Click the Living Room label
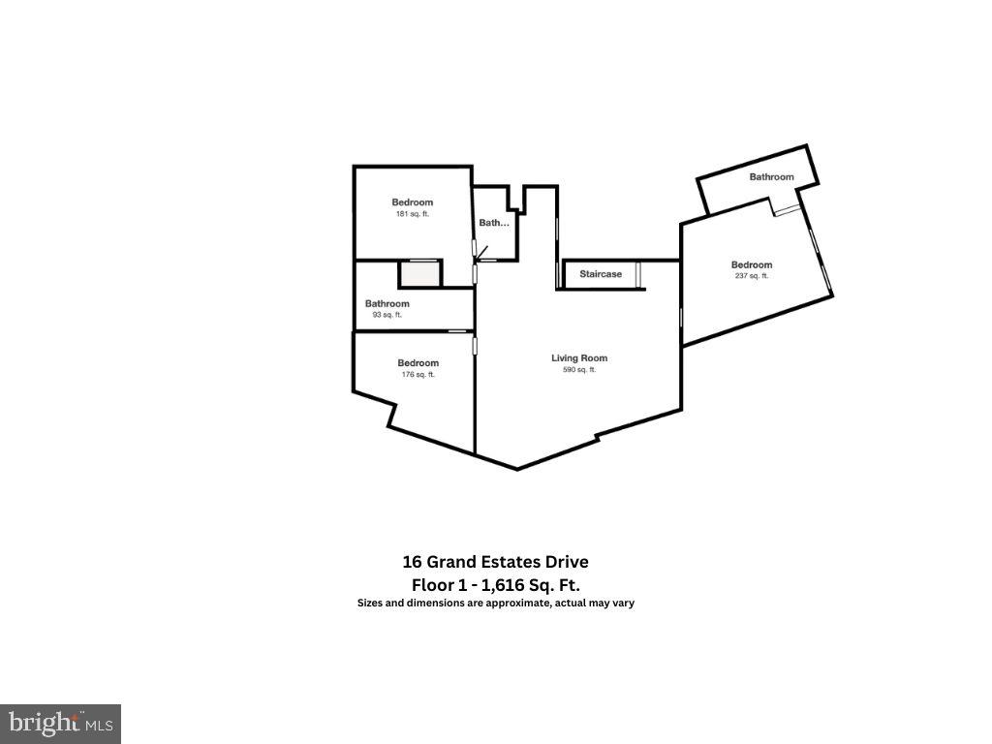point(579,358)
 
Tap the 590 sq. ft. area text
point(579,370)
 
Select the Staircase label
point(601,274)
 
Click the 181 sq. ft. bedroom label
point(413,214)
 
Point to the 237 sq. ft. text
point(752,276)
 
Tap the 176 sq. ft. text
point(418,375)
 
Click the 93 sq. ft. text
point(387,315)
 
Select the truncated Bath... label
point(494,223)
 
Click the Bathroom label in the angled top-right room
point(771,176)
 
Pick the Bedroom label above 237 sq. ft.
point(752,264)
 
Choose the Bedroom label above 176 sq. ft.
point(418,363)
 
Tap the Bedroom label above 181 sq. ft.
point(413,202)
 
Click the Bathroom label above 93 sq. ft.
point(387,303)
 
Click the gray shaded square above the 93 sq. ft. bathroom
point(420,273)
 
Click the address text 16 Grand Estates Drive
point(495,562)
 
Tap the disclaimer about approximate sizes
point(495,603)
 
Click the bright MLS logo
point(60,723)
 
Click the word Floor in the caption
point(432,584)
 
